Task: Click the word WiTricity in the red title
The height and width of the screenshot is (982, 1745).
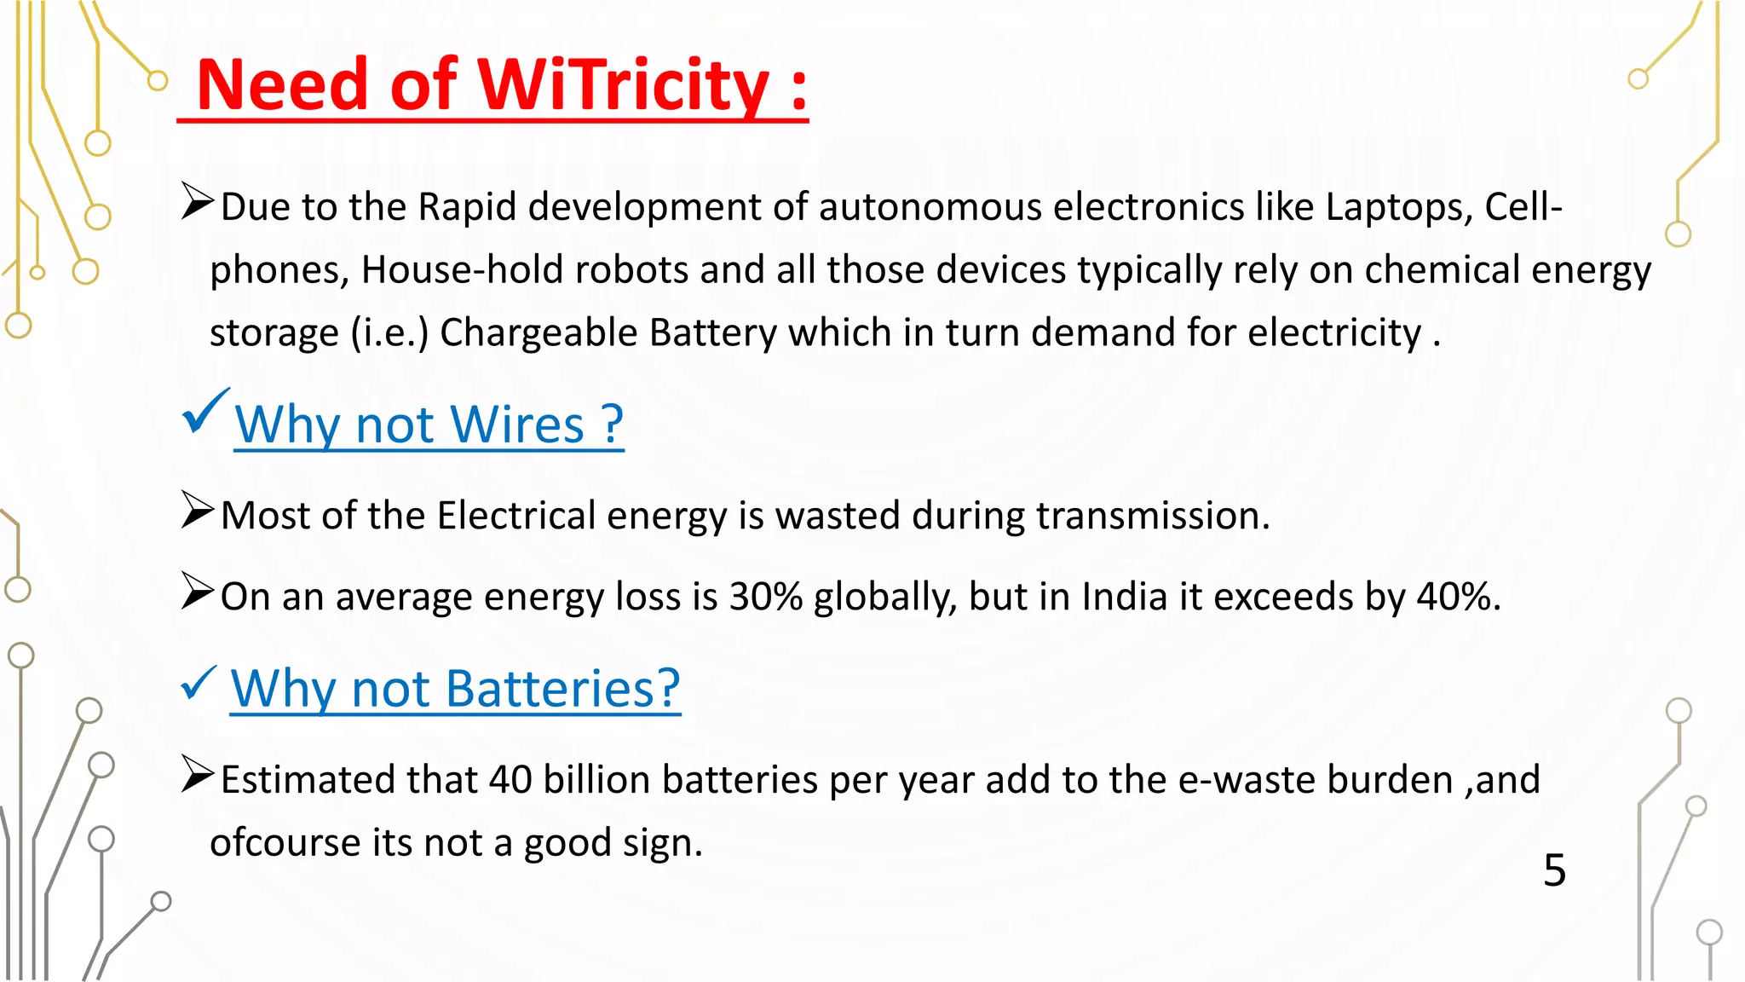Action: point(623,85)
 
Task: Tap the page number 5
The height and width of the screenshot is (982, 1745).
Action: point(1554,870)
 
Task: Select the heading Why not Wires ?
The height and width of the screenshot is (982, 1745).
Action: point(429,425)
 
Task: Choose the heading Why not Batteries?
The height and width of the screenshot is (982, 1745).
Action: point(455,689)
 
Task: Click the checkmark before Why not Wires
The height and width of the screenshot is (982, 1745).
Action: point(204,411)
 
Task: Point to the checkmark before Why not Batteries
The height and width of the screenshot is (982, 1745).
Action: point(199,683)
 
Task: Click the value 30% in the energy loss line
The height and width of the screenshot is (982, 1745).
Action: point(766,597)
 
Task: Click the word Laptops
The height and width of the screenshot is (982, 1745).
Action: point(1397,207)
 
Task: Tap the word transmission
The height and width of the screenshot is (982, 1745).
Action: point(1152,516)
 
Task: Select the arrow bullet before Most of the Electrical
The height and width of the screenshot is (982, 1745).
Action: point(197,511)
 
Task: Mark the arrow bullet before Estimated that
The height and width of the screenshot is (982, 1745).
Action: point(197,775)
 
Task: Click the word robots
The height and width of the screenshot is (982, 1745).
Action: point(631,270)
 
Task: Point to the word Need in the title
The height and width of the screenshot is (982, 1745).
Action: point(282,85)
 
